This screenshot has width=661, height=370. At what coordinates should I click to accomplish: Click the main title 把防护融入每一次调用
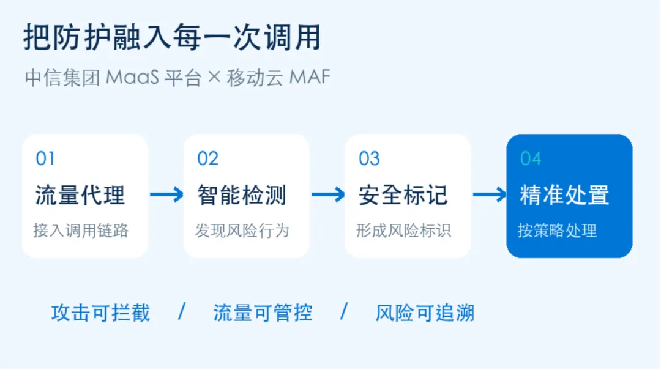(x=173, y=37)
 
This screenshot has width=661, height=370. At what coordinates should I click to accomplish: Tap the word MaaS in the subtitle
(x=132, y=78)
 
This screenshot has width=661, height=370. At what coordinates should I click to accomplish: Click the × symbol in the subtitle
(x=214, y=77)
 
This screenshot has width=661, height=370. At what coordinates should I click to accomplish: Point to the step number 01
(x=45, y=158)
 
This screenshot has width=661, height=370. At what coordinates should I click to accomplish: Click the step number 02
(x=208, y=158)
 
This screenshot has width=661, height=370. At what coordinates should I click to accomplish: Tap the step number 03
(x=369, y=158)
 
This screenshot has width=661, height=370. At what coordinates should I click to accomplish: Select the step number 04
(x=531, y=158)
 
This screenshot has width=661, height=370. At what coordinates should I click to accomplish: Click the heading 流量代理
(x=80, y=195)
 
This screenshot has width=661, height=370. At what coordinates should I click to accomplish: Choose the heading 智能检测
(x=242, y=195)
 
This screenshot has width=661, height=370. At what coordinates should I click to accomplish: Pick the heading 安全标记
(x=403, y=195)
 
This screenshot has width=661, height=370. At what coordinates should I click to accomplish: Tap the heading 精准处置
(x=564, y=195)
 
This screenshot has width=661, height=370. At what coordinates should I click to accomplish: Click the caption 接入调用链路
(x=81, y=231)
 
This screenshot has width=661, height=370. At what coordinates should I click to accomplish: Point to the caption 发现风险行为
(x=242, y=231)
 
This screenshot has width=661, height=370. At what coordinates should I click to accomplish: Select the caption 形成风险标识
(x=403, y=231)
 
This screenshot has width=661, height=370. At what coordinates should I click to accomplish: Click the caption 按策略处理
(x=558, y=231)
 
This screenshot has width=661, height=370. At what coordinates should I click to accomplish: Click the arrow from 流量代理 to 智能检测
(x=167, y=194)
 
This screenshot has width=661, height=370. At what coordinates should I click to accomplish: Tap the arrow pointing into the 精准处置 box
(x=490, y=194)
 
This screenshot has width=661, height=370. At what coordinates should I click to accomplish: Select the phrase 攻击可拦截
(x=101, y=313)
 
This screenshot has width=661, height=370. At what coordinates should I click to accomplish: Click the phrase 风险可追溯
(x=425, y=313)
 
